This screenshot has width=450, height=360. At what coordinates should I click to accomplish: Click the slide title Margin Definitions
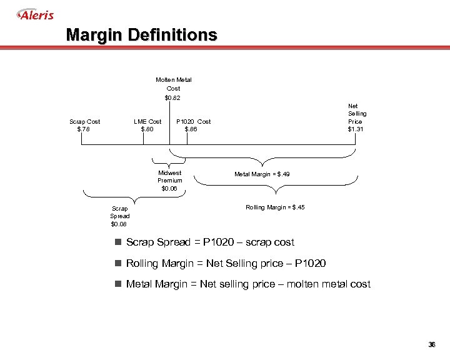click(142, 34)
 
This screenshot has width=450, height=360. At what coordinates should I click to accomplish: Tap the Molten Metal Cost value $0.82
click(173, 97)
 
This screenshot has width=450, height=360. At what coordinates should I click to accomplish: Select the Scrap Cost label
click(84, 121)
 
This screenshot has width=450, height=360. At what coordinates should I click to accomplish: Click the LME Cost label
click(147, 121)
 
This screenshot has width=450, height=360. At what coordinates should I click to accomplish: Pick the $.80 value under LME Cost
click(147, 129)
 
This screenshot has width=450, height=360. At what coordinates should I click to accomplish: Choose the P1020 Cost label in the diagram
click(194, 121)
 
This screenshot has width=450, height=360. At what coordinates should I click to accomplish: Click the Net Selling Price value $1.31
click(356, 129)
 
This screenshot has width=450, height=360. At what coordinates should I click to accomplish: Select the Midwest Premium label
click(170, 176)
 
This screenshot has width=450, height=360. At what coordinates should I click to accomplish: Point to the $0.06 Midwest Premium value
click(169, 188)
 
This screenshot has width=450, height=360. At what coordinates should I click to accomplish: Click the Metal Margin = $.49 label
click(262, 174)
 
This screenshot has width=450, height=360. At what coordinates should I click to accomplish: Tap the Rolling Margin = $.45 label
click(275, 207)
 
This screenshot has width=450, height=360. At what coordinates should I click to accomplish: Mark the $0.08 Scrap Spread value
click(119, 224)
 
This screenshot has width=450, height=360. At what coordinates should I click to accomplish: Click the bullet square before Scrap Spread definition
click(117, 242)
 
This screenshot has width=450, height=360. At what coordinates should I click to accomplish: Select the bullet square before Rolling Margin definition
click(117, 264)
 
